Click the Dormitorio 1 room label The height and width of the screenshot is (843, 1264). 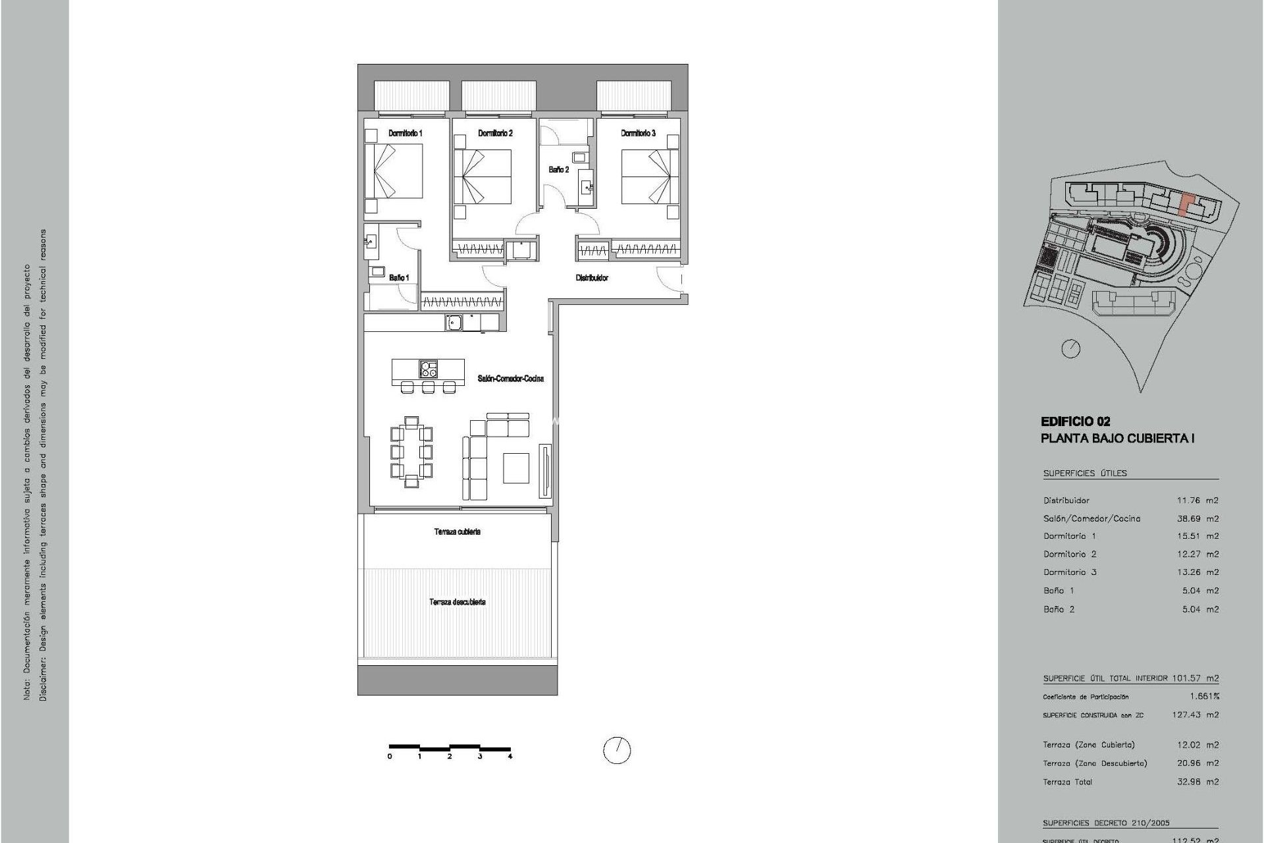tap(405, 133)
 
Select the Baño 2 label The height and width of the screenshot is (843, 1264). tap(559, 170)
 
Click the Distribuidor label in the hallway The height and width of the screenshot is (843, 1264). tap(592, 278)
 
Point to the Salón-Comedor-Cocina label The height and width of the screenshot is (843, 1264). tap(511, 379)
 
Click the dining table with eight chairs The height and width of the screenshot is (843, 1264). tap(411, 452)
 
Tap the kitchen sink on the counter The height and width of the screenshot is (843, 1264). tap(454, 322)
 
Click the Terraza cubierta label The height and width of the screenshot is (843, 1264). tap(457, 531)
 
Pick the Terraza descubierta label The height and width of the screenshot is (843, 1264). tap(458, 602)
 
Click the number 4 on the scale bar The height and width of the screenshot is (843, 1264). tap(510, 757)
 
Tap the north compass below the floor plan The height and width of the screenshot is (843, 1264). tap(617, 750)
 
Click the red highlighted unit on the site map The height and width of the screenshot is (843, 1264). tap(1184, 204)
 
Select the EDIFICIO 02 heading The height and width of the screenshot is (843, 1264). tap(1075, 421)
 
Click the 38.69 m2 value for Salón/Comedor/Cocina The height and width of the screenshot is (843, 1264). tap(1198, 518)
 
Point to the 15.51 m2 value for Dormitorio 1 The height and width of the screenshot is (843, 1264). tap(1198, 536)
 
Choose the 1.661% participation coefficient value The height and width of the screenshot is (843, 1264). tap(1204, 696)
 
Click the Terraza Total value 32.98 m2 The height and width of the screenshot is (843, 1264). tap(1198, 782)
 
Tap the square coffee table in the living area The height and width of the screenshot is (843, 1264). tap(516, 468)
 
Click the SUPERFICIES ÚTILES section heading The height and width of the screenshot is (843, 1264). tap(1085, 473)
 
